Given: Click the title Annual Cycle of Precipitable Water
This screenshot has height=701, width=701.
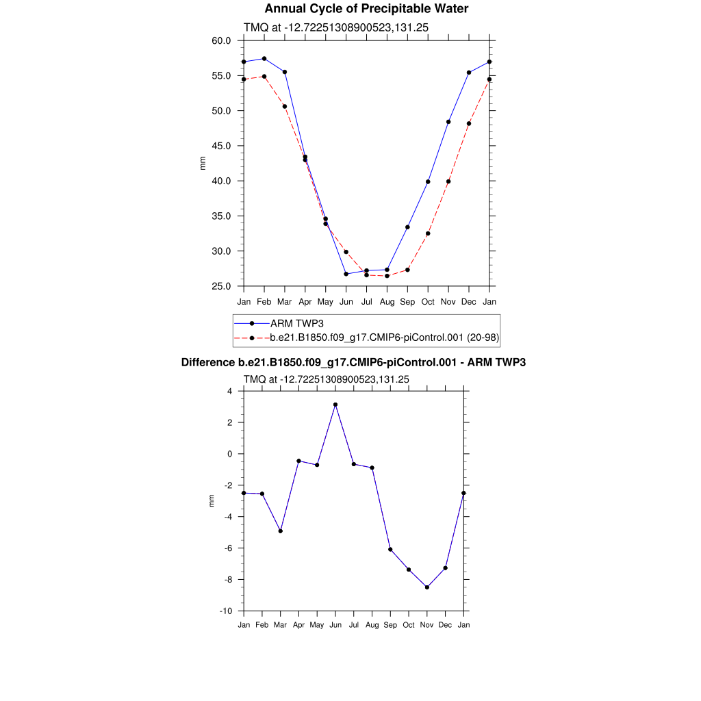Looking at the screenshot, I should point(366,9).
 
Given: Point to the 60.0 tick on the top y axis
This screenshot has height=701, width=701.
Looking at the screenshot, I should point(221,41).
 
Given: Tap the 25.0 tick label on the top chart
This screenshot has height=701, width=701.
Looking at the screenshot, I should point(221,286).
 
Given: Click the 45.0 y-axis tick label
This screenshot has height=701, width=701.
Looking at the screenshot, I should point(221,146).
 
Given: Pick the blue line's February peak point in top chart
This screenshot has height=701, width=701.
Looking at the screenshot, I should point(264,59).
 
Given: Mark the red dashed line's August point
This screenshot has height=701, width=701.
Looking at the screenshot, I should point(387,276).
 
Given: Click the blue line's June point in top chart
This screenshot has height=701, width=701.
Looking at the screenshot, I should point(346,274).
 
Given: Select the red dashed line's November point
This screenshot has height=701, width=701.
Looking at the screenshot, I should point(448,181).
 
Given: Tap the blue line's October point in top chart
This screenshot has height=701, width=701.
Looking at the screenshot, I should point(428,181).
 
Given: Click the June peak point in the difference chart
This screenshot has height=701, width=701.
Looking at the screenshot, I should point(335,405).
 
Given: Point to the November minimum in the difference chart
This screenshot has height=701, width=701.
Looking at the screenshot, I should point(427,587).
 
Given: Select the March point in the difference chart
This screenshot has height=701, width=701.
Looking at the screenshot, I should point(281,531).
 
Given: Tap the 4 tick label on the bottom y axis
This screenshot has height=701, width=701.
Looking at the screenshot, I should point(229,392).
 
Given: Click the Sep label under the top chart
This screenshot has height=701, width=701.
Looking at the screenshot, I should point(407,301).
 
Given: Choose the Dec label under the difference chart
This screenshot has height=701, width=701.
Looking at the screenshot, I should point(446,625).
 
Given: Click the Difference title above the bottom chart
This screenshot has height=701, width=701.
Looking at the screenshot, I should point(353,363).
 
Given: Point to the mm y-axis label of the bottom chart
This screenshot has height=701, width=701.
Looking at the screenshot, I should point(211,501).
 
